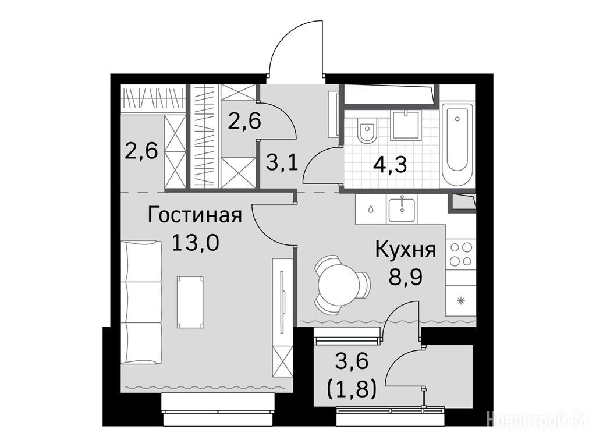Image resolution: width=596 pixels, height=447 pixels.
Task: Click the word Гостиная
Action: (194, 215)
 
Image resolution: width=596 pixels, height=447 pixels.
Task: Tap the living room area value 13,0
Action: (196, 243)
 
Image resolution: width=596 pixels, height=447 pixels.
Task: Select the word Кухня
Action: (405, 250)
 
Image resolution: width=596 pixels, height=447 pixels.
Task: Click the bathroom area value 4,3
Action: (390, 165)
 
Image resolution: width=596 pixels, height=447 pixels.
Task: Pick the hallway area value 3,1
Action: (281, 164)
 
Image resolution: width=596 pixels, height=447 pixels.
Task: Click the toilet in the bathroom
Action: (367, 130)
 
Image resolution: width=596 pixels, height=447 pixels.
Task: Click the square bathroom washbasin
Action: (406, 125)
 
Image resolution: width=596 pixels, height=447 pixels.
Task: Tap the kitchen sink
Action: (402, 208)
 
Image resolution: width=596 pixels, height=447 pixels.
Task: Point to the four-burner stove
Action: (461, 255)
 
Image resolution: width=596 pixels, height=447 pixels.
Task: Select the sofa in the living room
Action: (143, 302)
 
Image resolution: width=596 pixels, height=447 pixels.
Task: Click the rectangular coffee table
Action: (190, 302)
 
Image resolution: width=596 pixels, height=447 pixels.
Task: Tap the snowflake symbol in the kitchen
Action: (461, 301)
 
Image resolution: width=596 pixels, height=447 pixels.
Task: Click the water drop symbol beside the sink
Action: (370, 209)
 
